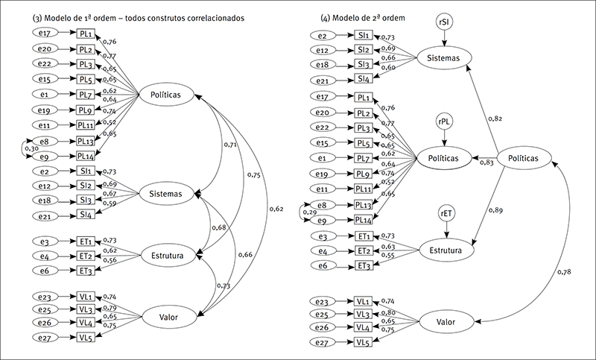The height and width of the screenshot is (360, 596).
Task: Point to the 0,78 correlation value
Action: (x=565, y=274)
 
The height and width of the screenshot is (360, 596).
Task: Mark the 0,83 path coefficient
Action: (x=486, y=162)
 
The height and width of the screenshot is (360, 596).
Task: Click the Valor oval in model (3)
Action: (x=167, y=318)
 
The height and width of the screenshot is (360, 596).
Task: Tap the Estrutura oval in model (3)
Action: (x=168, y=255)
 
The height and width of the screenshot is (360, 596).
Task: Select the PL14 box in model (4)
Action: (x=364, y=219)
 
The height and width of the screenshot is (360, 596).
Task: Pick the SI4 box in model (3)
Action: (x=86, y=215)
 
